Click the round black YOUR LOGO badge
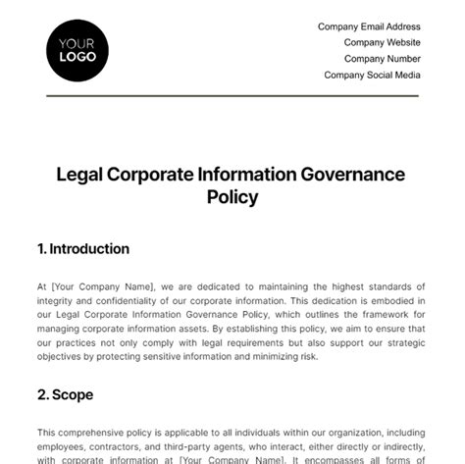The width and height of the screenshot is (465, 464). coord(77,50)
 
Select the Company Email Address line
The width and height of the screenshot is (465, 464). coord(369,27)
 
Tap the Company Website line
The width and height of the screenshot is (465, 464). coord(382,43)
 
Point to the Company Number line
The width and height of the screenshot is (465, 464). coord(381,59)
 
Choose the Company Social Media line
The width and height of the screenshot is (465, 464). coord(372,75)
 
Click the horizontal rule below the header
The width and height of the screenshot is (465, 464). coord(232,95)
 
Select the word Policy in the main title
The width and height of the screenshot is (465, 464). coord(232,197)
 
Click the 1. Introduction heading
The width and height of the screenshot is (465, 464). coord(83,249)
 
